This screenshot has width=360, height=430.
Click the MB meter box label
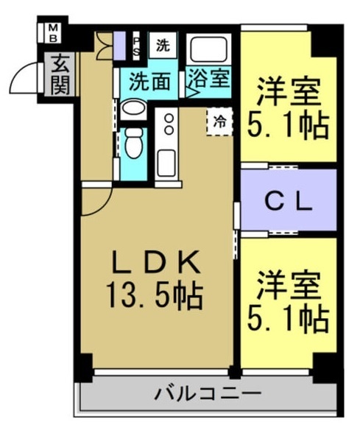[53, 33]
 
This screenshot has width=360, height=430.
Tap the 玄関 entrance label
[60, 74]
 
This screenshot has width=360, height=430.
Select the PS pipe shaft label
[136, 46]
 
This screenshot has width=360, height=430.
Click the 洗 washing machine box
[163, 45]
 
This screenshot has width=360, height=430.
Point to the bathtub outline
[209, 49]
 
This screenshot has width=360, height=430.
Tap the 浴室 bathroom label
[209, 79]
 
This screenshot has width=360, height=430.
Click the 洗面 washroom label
[149, 81]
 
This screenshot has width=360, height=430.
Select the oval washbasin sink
[133, 108]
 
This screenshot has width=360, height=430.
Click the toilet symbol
[133, 143]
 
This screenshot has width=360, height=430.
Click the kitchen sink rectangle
[166, 163]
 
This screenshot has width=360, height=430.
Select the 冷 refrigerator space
[219, 121]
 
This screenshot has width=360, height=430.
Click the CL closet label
[289, 203]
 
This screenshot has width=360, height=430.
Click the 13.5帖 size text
[155, 296]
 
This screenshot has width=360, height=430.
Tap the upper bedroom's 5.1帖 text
[288, 126]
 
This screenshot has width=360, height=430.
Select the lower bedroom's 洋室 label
[289, 285]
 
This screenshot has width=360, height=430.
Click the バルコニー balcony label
[208, 394]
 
